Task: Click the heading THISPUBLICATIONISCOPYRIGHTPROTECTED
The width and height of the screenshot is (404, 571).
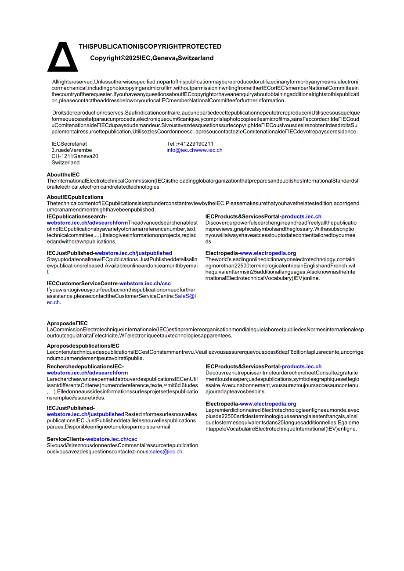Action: [150, 47]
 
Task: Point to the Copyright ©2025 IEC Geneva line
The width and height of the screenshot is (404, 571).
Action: [151, 58]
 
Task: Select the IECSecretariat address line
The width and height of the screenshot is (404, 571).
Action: [69, 144]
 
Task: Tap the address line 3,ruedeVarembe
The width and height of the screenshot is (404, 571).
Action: [72, 150]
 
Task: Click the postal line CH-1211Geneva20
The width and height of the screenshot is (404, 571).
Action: [75, 156]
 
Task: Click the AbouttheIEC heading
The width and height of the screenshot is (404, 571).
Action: [63, 175]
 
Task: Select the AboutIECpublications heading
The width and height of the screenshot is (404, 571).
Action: [75, 197]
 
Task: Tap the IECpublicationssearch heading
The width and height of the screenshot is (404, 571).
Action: [77, 216]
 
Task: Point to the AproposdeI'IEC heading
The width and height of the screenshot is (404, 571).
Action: [67, 323]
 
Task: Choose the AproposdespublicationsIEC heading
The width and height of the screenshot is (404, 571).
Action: [83, 346]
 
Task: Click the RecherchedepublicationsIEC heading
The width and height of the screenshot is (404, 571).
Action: [85, 366]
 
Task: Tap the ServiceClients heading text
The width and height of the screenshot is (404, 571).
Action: [65, 439]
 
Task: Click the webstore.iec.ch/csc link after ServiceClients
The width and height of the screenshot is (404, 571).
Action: [112, 439]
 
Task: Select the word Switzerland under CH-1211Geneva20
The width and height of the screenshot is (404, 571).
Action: [65, 162]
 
